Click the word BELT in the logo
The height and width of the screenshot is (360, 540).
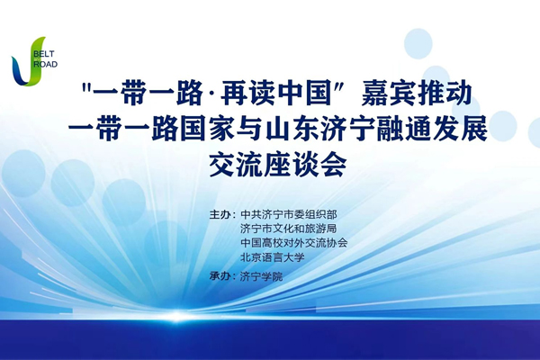pyautogui.click(x=44, y=54)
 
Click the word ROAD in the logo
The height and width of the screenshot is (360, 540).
pyautogui.click(x=46, y=64)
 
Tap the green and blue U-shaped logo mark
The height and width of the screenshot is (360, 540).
pyautogui.click(x=28, y=61)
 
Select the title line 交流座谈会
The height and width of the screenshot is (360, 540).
pyautogui.click(x=277, y=165)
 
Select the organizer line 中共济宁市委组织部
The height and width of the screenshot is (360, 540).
pyautogui.click(x=289, y=214)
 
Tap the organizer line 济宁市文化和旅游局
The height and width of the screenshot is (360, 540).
pyautogui.click(x=289, y=229)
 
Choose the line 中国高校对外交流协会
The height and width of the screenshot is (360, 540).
pyautogui.click(x=294, y=243)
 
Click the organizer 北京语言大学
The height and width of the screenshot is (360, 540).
pyautogui.click(x=273, y=257)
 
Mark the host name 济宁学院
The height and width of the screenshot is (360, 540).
pyautogui.click(x=261, y=276)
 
